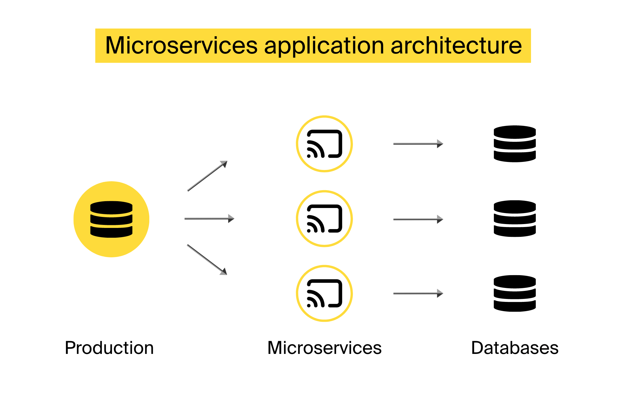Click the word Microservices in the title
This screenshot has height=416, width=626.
(x=181, y=45)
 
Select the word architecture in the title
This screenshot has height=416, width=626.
(x=456, y=45)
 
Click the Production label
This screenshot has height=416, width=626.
(x=109, y=348)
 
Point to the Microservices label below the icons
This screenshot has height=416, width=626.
(x=324, y=348)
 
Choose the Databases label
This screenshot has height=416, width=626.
(x=515, y=348)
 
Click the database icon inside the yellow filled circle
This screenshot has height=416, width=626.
(x=111, y=219)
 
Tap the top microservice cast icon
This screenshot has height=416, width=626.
(x=324, y=144)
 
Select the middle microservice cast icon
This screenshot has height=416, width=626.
(x=324, y=219)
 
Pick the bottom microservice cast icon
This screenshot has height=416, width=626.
(x=324, y=293)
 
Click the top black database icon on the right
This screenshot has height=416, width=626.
(x=515, y=144)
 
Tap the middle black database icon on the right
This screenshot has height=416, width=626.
(x=515, y=219)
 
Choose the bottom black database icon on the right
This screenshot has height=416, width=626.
(x=515, y=293)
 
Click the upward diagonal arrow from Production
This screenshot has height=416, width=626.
(x=207, y=176)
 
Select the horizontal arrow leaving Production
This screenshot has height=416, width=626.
(x=209, y=219)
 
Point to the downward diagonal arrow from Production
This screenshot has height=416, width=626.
(x=207, y=259)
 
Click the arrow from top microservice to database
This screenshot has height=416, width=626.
(x=418, y=144)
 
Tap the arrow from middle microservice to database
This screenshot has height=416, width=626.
(x=418, y=219)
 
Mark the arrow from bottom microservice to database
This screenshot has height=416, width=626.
(x=418, y=293)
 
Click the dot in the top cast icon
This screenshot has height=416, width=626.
(x=309, y=156)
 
